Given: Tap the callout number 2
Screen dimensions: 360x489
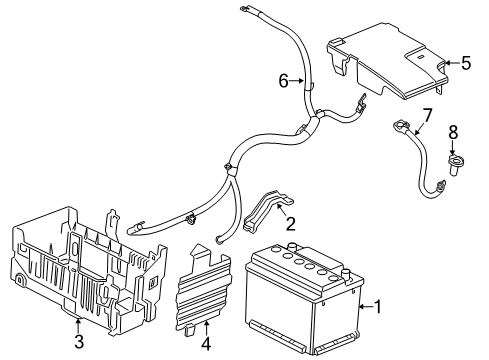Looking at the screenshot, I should [x=290, y=224].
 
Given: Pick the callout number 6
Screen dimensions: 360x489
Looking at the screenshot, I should [x=283, y=80].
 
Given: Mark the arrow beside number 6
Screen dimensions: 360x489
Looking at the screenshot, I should [x=296, y=81].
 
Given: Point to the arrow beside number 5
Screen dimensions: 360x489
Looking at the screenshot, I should [x=449, y=63].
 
